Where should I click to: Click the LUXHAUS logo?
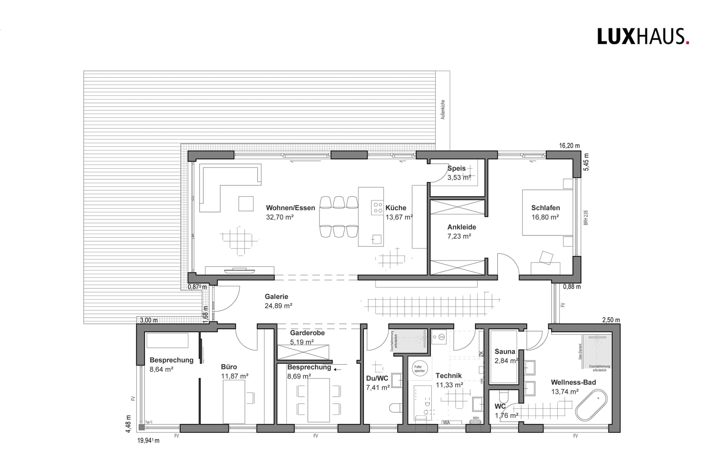pos(643,37)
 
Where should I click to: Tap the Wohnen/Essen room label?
pos(290,208)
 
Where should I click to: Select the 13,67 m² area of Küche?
pos(399,217)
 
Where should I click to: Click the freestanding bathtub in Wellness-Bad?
pos(591,406)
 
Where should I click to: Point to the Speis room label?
pos(456,168)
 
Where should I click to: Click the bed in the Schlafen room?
pos(547,212)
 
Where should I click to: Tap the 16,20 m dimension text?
pos(569,146)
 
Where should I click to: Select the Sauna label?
pos(505,352)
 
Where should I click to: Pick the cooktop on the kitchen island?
pos(377,207)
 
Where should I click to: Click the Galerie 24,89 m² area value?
pos(278,306)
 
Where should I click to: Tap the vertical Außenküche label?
pos(443,109)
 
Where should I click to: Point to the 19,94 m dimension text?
pos(148,441)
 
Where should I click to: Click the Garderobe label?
pos(307,333)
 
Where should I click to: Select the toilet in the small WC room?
pos(503,397)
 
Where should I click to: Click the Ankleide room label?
pos(461,227)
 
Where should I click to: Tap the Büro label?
pos(229,367)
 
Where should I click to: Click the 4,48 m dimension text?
pos(128,423)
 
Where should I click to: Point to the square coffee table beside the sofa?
pos(246,204)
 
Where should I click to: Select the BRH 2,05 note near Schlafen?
pos(586,217)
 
